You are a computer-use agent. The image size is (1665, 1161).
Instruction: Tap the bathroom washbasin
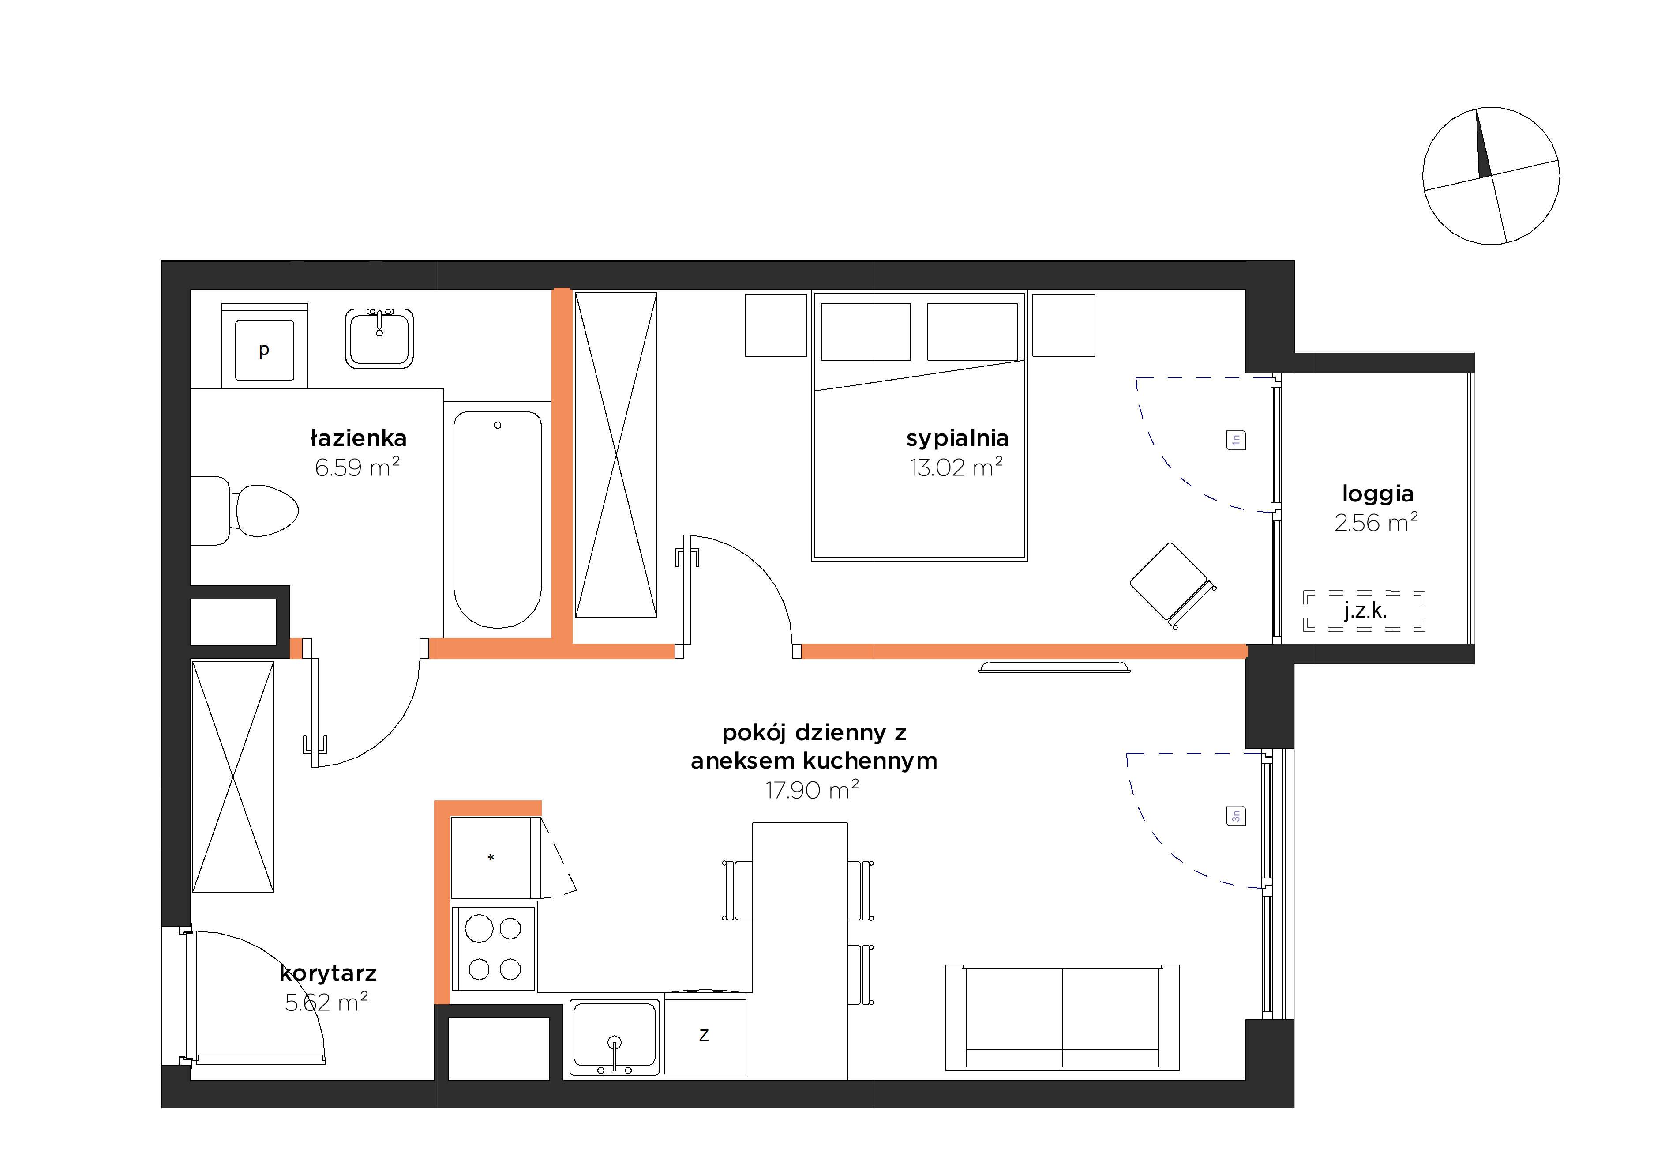pos(379,338)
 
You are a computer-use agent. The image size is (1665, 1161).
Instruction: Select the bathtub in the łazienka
pos(498,519)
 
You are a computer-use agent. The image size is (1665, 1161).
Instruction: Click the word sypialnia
pos(957,439)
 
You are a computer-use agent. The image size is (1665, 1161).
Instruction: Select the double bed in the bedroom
pos(919,426)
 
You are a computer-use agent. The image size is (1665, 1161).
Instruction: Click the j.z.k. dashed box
pos(1364,611)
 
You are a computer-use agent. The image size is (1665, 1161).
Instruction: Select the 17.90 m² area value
pos(812,789)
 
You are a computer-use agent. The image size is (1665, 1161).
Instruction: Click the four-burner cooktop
pos(494,948)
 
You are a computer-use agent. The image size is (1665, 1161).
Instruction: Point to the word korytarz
pos(328,973)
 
